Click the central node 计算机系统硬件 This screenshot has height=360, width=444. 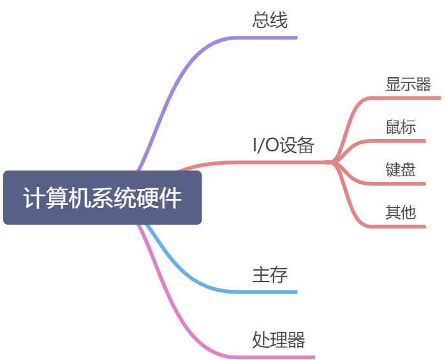102,198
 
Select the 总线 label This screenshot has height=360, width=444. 270,20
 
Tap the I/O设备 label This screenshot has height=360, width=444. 284,145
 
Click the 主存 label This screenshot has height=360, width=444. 270,274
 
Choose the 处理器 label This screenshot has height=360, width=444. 278,339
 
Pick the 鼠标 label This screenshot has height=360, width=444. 401,126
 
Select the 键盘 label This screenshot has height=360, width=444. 401,169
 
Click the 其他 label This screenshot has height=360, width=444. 401,212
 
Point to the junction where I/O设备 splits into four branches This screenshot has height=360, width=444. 334,162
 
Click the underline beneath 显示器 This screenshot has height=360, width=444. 408,98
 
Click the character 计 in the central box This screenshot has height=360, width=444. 33,199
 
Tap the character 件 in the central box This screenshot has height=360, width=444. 171,199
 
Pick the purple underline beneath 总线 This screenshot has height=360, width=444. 268,37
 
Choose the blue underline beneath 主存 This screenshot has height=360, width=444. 268,292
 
